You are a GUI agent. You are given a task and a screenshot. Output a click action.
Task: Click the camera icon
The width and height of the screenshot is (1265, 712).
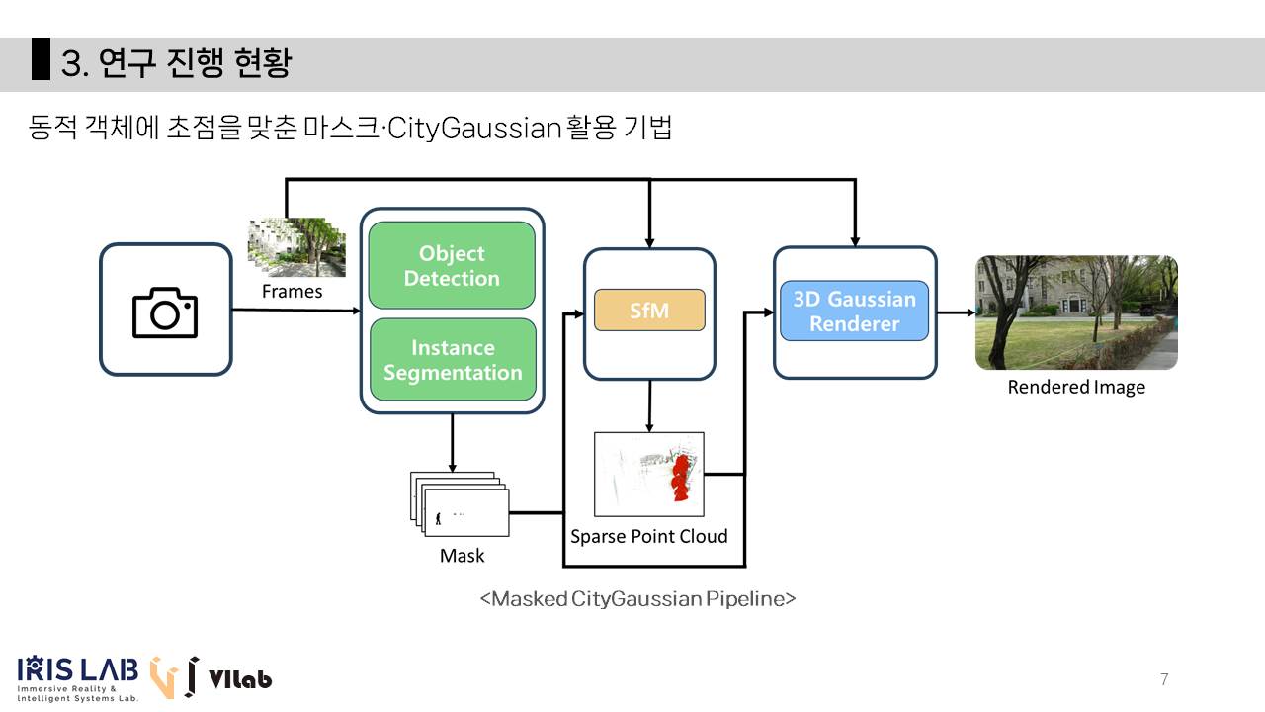coord(165,312)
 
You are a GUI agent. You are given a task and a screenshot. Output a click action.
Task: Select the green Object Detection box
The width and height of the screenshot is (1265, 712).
coord(452,266)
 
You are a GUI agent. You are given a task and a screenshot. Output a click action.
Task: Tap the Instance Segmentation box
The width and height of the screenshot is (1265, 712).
coord(453,360)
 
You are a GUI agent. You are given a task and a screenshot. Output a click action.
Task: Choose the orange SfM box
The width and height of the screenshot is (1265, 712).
coord(649,311)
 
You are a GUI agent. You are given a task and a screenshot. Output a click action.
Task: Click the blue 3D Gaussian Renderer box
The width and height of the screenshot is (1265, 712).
coord(855,311)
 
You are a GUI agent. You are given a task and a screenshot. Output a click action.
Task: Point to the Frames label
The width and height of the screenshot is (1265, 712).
coord(292,292)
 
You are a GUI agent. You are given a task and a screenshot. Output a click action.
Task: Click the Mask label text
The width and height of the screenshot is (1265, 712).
coord(462,556)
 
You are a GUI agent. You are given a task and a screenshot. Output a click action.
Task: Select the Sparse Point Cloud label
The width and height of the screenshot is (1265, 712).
coord(648,536)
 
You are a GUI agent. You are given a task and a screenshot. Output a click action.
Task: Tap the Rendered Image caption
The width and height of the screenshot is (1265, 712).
coord(1076,387)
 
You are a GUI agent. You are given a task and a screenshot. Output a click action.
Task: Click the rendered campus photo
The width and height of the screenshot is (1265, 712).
coord(1076,312)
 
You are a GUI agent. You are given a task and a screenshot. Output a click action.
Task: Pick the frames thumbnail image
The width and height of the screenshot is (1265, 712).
coord(296,247)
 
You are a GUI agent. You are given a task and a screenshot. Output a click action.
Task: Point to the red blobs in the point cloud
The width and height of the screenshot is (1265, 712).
coord(680,475)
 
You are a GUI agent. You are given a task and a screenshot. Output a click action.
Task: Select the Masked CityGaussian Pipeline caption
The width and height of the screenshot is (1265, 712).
coord(637,599)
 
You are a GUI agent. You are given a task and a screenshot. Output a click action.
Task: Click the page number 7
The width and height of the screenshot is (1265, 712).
coord(1164,679)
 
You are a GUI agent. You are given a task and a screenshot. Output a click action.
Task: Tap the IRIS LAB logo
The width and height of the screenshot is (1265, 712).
coord(77,677)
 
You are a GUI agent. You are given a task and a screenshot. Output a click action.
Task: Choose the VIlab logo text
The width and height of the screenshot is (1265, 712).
coord(240,679)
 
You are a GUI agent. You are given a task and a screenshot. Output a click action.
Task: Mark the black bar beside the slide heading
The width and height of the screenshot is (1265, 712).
coord(41,59)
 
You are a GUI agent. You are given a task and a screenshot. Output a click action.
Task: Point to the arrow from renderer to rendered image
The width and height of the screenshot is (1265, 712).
coord(956,312)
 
